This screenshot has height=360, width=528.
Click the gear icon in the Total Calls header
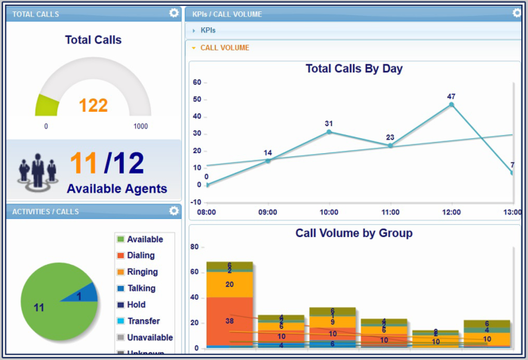pyautogui.click(x=174, y=13)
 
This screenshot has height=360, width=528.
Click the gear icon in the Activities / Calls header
pyautogui.click(x=174, y=211)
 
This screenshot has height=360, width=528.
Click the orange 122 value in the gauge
pyautogui.click(x=94, y=106)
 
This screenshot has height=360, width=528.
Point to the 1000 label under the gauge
pyautogui.click(x=140, y=127)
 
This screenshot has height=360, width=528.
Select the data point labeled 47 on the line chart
pyautogui.click(x=451, y=105)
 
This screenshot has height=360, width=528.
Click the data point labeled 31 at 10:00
pyautogui.click(x=329, y=132)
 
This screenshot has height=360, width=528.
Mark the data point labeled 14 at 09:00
pyautogui.click(x=268, y=160)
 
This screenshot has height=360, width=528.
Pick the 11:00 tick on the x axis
pyautogui.click(x=390, y=212)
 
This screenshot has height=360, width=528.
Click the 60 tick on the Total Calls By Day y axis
pyautogui.click(x=197, y=82)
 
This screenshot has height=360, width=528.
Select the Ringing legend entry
pyautogui.click(x=142, y=272)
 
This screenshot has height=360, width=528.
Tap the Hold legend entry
pyautogui.click(x=136, y=305)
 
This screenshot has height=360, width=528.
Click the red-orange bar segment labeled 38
pyautogui.click(x=229, y=321)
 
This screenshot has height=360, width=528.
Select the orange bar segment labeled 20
pyautogui.click(x=229, y=284)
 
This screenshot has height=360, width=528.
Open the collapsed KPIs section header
pyautogui.click(x=207, y=30)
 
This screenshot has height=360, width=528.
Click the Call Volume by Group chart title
pyautogui.click(x=354, y=233)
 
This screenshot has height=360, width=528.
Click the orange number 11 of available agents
pyautogui.click(x=84, y=164)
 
